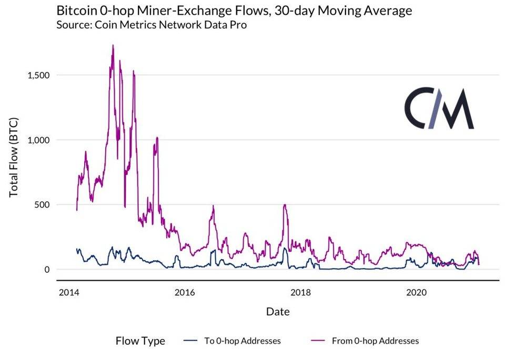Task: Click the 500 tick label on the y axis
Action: pyautogui.click(x=42, y=204)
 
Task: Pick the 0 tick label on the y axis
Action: pyautogui.click(x=46, y=270)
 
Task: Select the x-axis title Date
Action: pyautogui.click(x=278, y=312)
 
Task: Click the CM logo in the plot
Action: pyautogui.click(x=439, y=109)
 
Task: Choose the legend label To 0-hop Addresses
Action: pyautogui.click(x=243, y=341)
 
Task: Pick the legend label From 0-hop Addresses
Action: pyautogui.click(x=375, y=341)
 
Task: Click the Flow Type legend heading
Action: pyautogui.click(x=140, y=341)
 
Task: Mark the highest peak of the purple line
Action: pyautogui.click(x=113, y=45)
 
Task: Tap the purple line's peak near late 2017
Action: pyautogui.click(x=285, y=205)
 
